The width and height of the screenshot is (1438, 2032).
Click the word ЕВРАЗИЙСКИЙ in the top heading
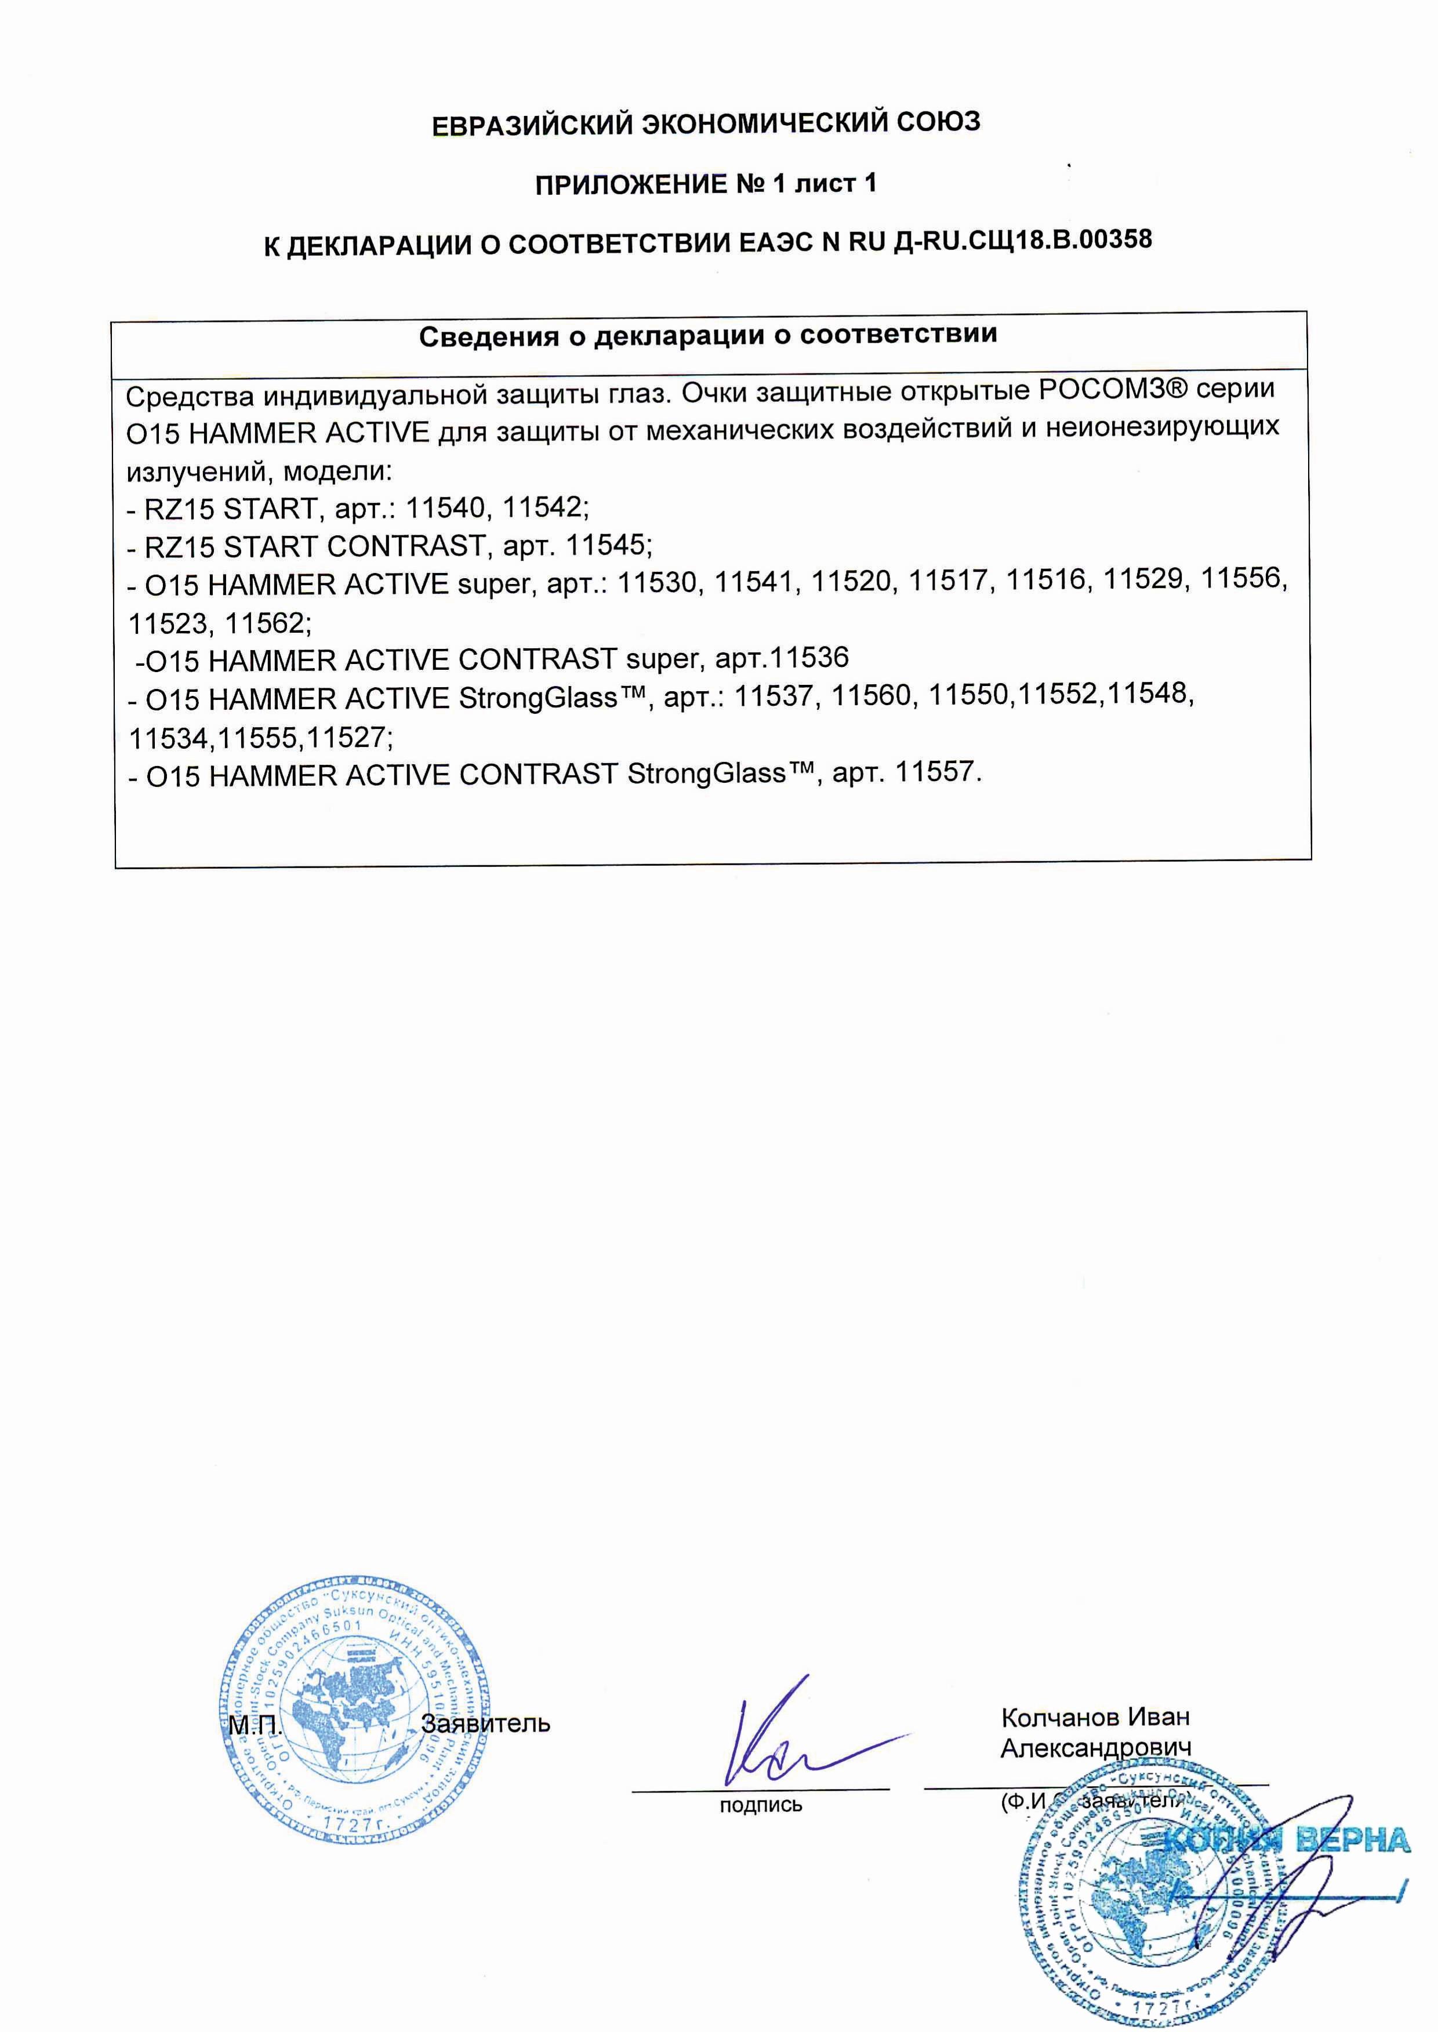tap(529, 125)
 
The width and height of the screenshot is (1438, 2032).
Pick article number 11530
tap(657, 583)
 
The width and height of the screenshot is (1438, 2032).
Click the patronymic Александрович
tap(1095, 1748)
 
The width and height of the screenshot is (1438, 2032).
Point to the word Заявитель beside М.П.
tap(486, 1724)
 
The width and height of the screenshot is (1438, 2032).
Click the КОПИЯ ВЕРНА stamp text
tap(1288, 1840)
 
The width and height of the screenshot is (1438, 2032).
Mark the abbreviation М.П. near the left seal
tap(255, 1725)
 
